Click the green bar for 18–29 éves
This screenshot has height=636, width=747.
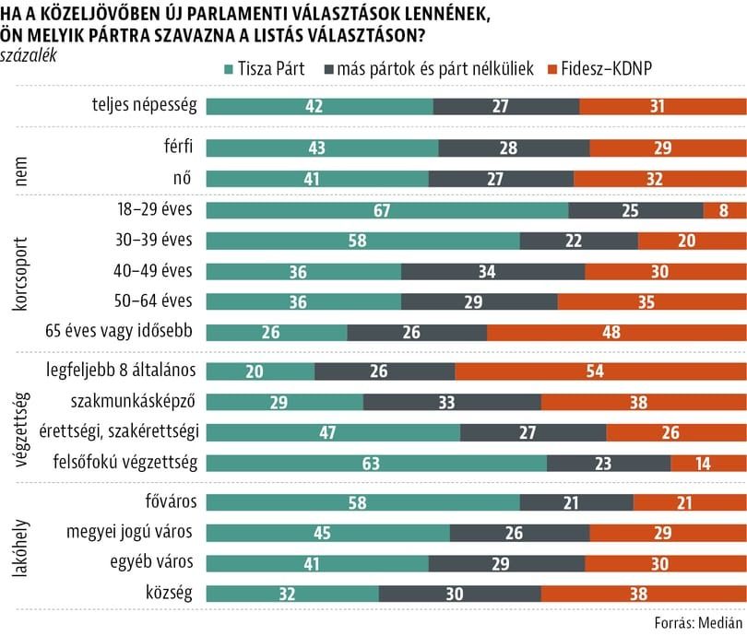tap(387, 211)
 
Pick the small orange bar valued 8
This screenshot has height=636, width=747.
tap(725, 211)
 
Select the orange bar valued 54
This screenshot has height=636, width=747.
tap(600, 371)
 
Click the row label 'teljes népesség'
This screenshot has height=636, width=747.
tap(145, 106)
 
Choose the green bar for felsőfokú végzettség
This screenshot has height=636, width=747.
tap(376, 463)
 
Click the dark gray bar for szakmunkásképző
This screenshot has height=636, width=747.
tap(452, 402)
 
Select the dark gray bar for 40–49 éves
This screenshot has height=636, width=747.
tap(492, 272)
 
